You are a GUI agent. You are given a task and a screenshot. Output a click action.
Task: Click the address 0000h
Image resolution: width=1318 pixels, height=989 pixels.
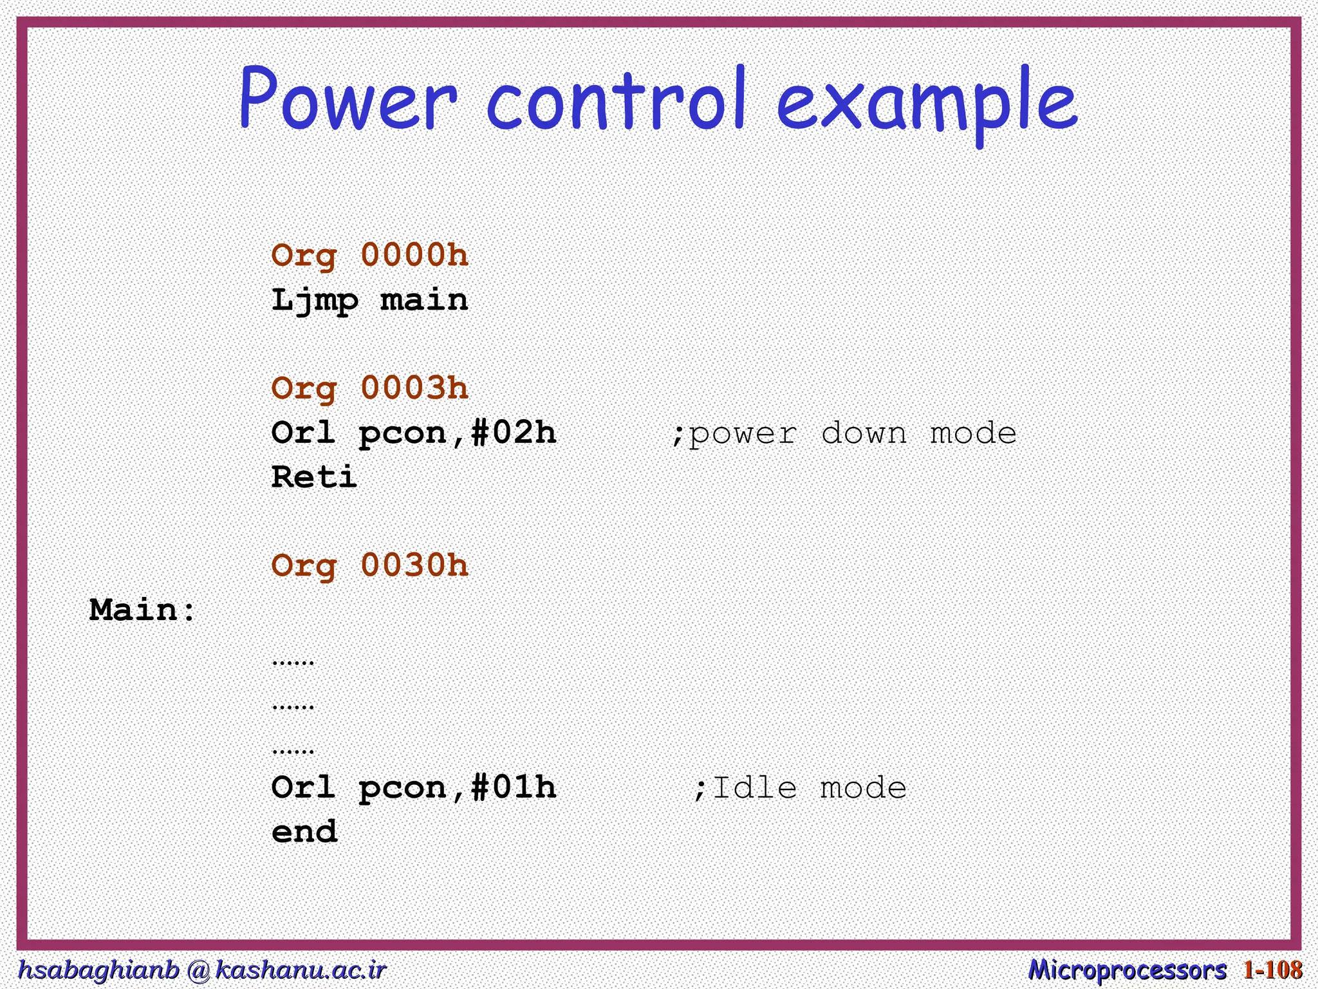click(414, 256)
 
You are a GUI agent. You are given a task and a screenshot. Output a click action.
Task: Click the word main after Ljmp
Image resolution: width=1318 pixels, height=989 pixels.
click(424, 301)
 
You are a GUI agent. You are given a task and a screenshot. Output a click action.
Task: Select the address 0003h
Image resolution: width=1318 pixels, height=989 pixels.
click(414, 388)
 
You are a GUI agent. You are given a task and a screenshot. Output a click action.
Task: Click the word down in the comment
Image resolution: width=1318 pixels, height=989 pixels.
click(864, 433)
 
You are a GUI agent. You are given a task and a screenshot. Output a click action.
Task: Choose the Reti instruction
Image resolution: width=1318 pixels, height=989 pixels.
click(314, 478)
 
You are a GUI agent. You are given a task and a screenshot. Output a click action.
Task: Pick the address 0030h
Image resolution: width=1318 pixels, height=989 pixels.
click(414, 566)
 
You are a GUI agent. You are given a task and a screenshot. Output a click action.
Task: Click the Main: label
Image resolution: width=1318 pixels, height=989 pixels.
click(142, 610)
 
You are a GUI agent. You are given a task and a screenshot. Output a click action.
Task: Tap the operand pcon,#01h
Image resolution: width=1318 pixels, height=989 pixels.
click(457, 788)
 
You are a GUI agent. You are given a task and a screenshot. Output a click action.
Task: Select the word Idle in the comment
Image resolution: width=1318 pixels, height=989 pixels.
click(755, 788)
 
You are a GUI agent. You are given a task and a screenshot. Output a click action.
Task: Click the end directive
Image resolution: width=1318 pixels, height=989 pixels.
click(304, 832)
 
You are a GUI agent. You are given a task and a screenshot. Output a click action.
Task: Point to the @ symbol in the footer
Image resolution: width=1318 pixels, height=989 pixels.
click(198, 970)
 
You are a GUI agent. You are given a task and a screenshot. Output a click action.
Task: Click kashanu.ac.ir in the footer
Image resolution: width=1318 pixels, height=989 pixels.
click(301, 970)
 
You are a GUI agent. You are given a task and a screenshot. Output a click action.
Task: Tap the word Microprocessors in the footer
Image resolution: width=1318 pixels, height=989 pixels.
click(1127, 970)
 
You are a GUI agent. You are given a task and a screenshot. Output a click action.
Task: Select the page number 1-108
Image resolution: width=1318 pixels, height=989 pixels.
click(1272, 970)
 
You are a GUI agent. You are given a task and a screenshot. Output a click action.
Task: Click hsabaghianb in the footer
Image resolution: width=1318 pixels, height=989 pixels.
click(98, 970)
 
